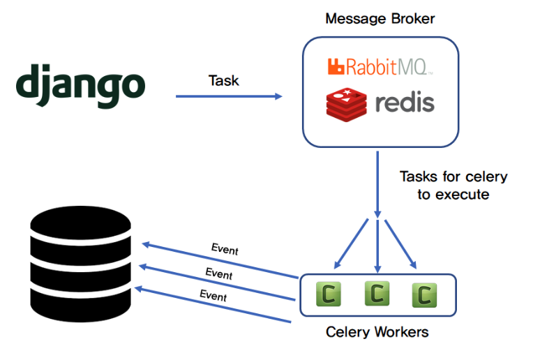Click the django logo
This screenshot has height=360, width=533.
[80, 86]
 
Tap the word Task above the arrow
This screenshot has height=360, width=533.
[223, 80]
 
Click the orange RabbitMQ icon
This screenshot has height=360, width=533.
[337, 67]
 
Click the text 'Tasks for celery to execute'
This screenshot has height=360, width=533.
[453, 185]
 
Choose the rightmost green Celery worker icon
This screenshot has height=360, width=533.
[423, 295]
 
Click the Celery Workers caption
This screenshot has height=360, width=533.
[377, 331]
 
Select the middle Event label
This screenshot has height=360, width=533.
[218, 273]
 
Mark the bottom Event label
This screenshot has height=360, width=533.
[213, 295]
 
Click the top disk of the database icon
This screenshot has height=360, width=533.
[80, 225]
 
